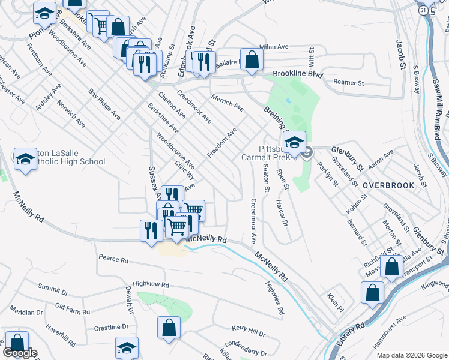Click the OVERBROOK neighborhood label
(388, 185)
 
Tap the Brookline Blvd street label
(297, 74)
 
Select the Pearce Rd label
(114, 260)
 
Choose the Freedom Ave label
(222, 143)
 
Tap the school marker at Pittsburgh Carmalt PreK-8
(294, 143)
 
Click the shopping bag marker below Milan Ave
(252, 60)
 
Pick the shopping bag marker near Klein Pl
(372, 293)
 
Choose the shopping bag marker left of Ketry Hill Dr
(169, 328)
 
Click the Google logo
(19, 353)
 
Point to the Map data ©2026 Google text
(411, 355)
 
